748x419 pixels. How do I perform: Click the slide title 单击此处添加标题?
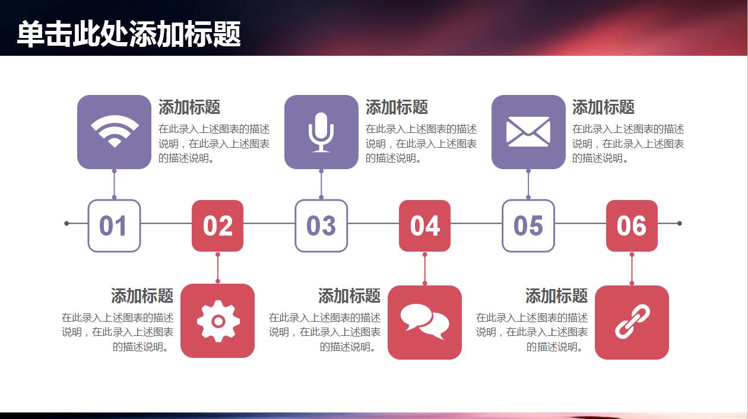[x=129, y=34]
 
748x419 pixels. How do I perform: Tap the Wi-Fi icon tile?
[x=114, y=132]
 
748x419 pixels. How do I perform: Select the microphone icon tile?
[x=321, y=132]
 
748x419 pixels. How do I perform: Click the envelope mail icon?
[x=528, y=132]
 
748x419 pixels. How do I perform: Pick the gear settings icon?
[x=218, y=321]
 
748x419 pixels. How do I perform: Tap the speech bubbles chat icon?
[x=424, y=322]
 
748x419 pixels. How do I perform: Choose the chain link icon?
[x=632, y=322]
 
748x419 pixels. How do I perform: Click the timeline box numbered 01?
[x=114, y=226]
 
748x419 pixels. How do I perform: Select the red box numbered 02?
[x=218, y=226]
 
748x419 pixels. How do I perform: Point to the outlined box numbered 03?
[x=321, y=226]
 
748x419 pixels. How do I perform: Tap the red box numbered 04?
[x=424, y=226]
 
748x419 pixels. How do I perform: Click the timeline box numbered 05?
[x=528, y=226]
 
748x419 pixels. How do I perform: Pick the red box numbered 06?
[x=632, y=226]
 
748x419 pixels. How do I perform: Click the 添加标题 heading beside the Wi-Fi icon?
[x=189, y=107]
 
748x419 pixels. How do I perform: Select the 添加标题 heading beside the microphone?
[x=397, y=107]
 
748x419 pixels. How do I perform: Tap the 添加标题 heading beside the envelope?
[x=603, y=107]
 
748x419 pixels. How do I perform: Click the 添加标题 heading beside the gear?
[x=142, y=296]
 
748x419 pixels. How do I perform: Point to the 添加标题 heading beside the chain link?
[x=556, y=296]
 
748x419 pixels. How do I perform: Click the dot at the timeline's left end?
[x=66, y=224]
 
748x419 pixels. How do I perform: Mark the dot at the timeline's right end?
[x=680, y=224]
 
